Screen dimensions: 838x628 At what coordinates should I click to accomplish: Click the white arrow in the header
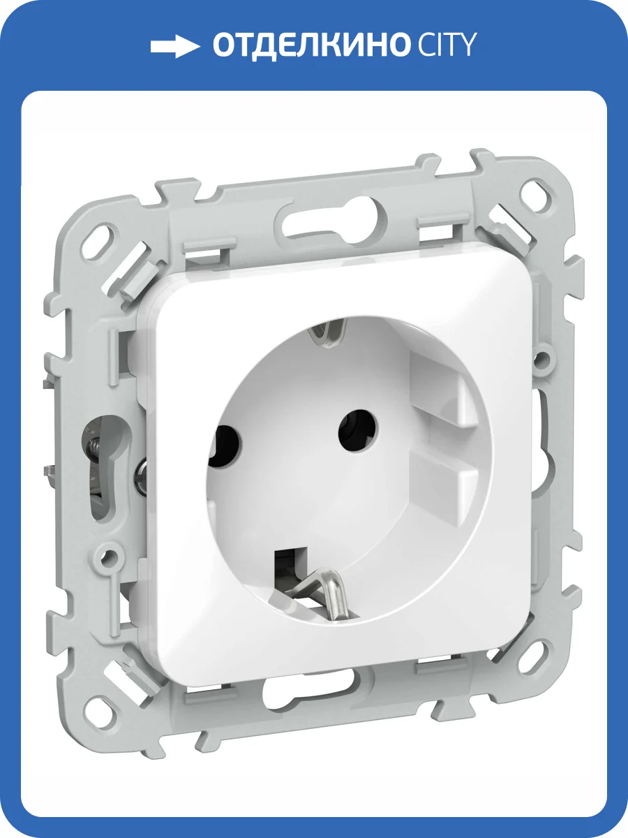coord(175,46)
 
